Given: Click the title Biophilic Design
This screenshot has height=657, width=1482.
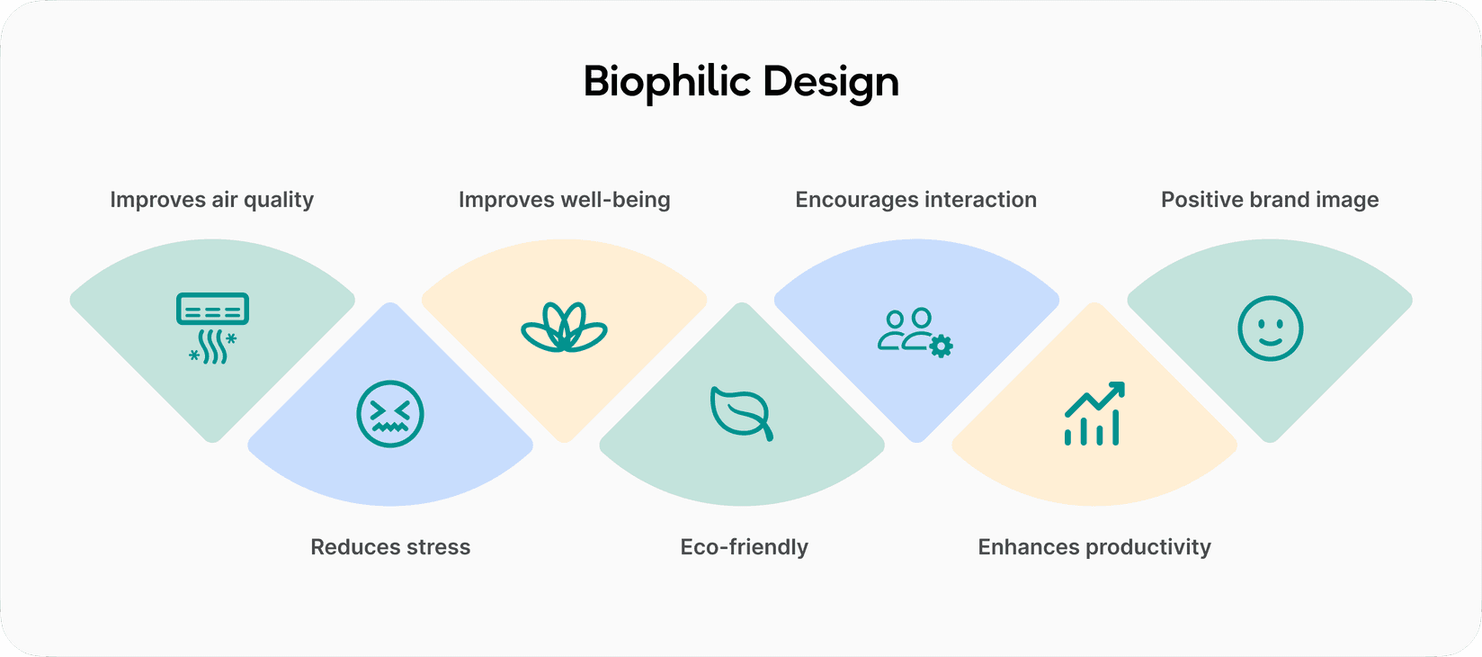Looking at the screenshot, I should point(741,82).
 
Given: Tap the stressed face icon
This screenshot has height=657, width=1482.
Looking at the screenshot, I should point(389,414).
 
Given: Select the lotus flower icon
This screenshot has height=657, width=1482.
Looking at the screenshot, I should point(564,328).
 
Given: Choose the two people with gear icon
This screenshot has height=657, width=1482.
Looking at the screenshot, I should point(915,332).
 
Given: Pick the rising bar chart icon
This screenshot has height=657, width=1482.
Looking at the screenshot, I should point(1094,414).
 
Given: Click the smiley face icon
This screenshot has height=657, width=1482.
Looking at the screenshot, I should point(1270,328).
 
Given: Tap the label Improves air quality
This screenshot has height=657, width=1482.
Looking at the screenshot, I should point(212,200).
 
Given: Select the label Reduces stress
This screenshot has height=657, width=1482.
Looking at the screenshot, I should point(390,547).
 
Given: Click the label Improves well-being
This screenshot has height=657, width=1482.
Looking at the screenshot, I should point(564,200).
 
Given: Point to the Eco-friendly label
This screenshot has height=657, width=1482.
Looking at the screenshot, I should point(744,547).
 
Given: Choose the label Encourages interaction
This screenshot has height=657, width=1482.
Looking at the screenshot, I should point(915,200).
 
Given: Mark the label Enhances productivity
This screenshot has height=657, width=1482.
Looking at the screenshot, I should point(1094,547).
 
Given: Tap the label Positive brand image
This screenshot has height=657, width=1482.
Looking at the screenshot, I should point(1270,200).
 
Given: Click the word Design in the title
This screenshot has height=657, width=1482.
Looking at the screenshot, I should point(831,82).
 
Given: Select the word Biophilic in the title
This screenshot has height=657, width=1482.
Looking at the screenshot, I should point(666,82).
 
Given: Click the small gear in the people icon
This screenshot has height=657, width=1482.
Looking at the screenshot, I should point(941,346).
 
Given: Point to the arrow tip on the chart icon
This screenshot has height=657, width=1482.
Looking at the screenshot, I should point(1119,388).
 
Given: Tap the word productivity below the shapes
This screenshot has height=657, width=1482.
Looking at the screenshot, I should point(1147,547).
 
